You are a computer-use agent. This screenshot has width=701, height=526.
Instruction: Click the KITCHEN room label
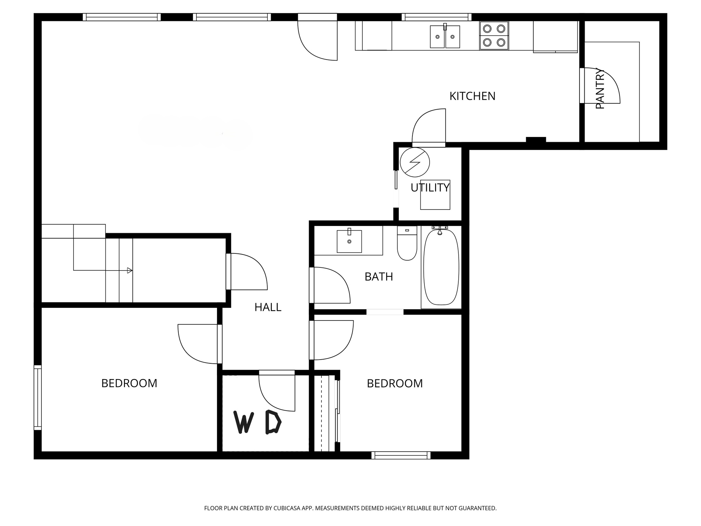472,96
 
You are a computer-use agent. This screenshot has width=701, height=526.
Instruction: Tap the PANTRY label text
600,89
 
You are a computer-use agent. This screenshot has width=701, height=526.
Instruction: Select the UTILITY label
430,188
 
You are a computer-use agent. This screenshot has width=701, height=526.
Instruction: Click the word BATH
379,277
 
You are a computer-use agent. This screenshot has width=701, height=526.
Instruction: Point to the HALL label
268,308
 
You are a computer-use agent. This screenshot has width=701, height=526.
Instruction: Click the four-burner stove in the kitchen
494,36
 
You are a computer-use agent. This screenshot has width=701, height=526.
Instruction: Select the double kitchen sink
445,37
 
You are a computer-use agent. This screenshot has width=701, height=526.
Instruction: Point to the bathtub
441,267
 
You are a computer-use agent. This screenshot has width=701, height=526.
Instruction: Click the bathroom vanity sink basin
349,241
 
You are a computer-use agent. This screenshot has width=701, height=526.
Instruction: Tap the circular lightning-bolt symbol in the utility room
415,162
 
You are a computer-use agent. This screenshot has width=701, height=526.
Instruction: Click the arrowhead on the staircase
129,271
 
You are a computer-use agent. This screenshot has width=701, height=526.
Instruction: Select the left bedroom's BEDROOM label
129,383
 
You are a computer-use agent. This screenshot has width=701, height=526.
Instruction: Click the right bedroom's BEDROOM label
395,384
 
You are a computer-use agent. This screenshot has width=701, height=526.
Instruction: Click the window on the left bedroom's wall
38,397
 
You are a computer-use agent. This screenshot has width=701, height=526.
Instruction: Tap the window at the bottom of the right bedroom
401,455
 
